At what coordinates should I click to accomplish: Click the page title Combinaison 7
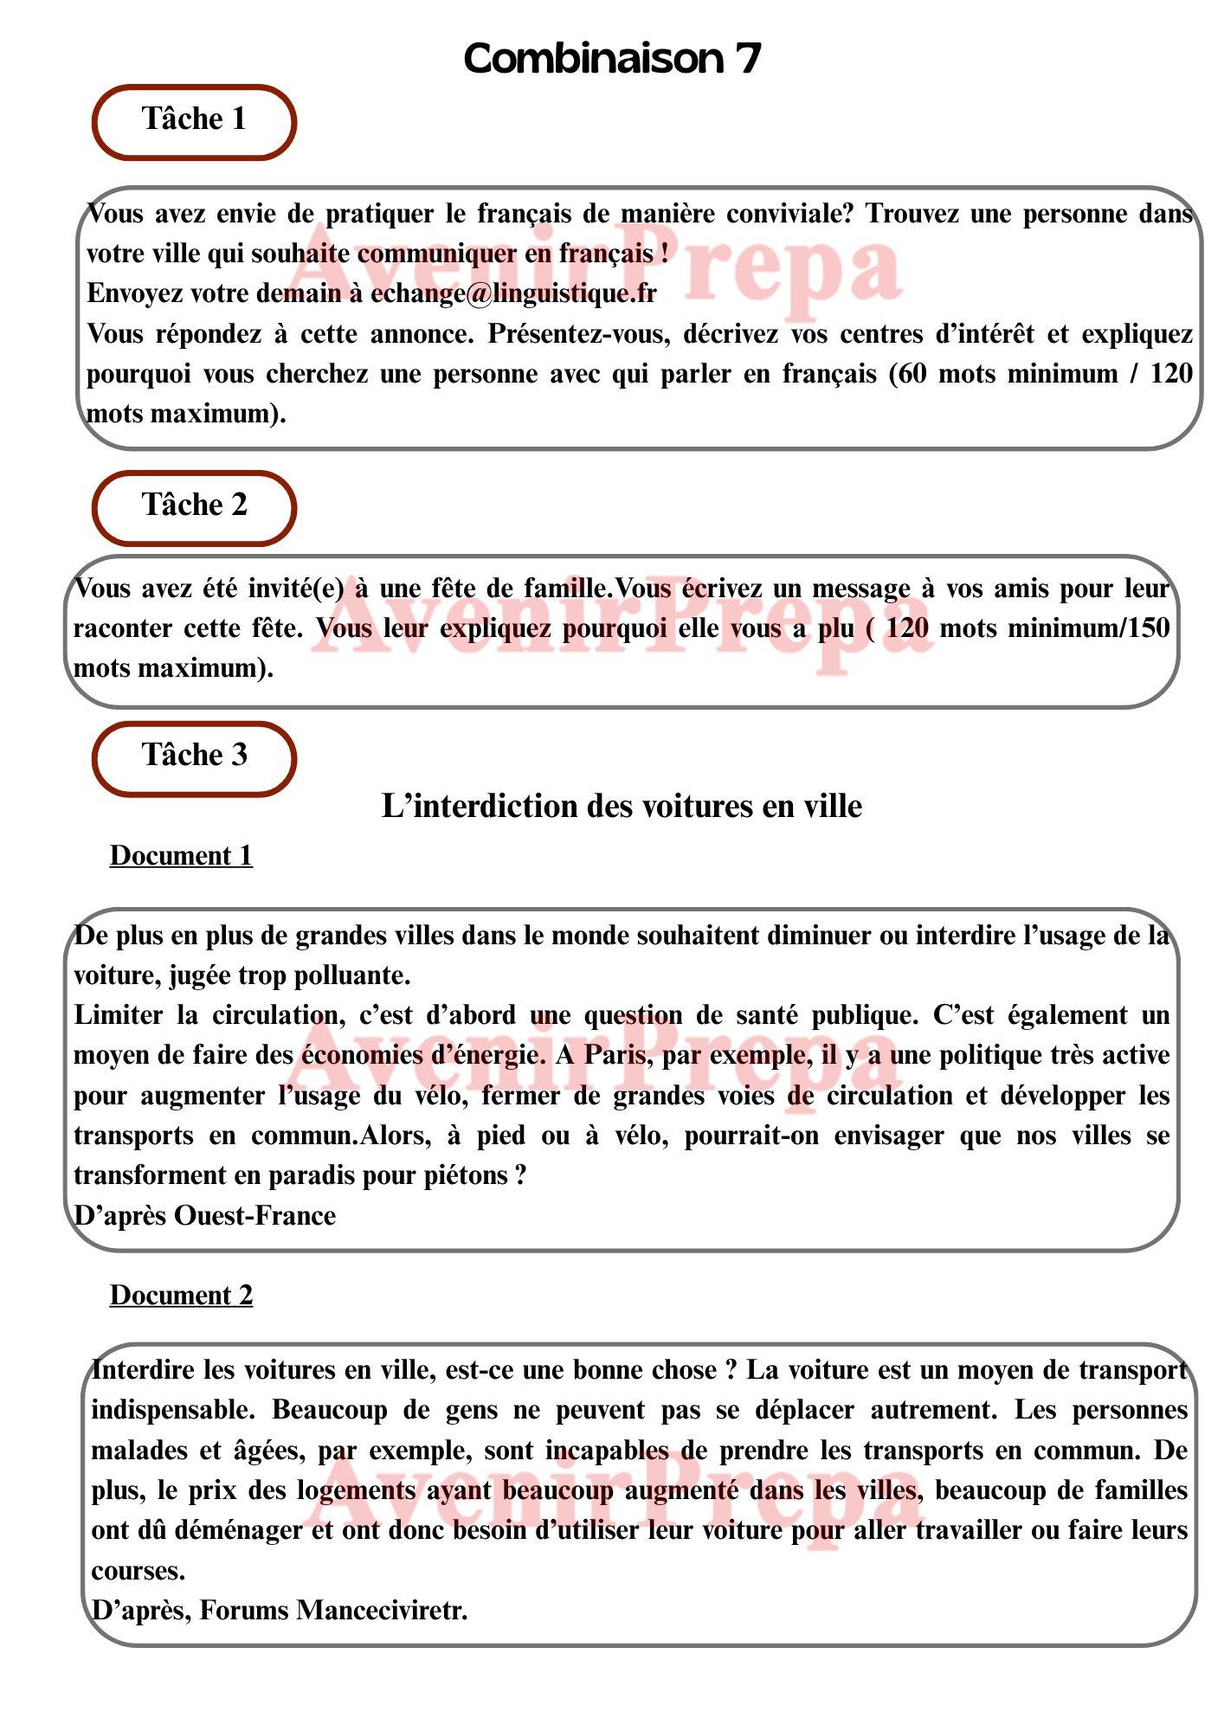click(x=612, y=59)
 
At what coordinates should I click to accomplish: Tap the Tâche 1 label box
click(x=195, y=121)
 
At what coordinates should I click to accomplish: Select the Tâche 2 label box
click(x=195, y=507)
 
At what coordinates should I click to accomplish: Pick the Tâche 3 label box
click(x=195, y=757)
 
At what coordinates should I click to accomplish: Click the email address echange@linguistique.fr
click(x=513, y=293)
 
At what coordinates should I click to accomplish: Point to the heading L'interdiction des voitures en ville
click(x=622, y=807)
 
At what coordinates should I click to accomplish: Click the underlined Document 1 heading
click(x=181, y=856)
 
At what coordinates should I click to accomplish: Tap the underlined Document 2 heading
click(x=181, y=1296)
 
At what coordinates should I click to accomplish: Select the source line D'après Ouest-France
click(x=205, y=1215)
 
